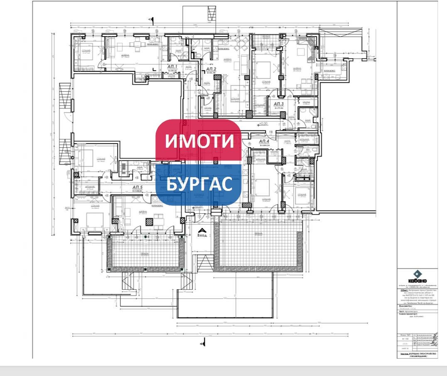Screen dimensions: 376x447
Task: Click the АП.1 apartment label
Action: (x=172, y=67)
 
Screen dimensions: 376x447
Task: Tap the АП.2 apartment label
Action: (x=211, y=69)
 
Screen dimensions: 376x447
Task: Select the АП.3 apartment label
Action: (x=279, y=104)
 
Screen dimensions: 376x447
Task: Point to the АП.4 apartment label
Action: (x=265, y=142)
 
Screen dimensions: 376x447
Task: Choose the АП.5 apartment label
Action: (x=137, y=188)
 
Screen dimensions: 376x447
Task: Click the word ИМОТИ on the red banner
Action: (x=199, y=141)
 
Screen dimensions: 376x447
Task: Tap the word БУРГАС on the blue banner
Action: (x=199, y=184)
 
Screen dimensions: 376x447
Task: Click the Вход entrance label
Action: (x=201, y=235)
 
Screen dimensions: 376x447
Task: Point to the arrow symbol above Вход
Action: (x=201, y=230)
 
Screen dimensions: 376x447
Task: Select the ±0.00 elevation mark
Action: (x=263, y=123)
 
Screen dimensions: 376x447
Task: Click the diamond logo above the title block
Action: (x=418, y=274)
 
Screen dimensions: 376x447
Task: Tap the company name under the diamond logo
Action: (x=418, y=281)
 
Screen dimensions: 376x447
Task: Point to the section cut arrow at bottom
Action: (x=203, y=343)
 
